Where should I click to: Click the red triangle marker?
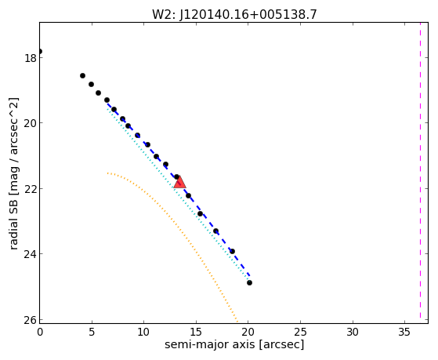[179, 183]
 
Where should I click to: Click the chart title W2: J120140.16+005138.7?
[234, 14]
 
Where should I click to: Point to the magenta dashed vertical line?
[420, 170]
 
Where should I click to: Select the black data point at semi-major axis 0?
[40, 51]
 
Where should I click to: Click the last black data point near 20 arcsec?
[249, 283]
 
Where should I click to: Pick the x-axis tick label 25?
[300, 332]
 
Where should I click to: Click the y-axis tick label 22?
[30, 188]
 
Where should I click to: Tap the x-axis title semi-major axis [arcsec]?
[234, 344]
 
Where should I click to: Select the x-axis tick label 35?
[405, 332]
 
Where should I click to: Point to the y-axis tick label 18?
[30, 57]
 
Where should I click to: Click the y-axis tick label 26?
[30, 319]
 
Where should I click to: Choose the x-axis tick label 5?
[92, 332]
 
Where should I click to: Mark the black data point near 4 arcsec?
[82, 75]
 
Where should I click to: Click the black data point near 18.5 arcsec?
[232, 251]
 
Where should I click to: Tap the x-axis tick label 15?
[196, 332]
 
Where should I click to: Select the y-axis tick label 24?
[30, 253]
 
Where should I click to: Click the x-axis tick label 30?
[353, 332]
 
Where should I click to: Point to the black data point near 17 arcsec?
[215, 231]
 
